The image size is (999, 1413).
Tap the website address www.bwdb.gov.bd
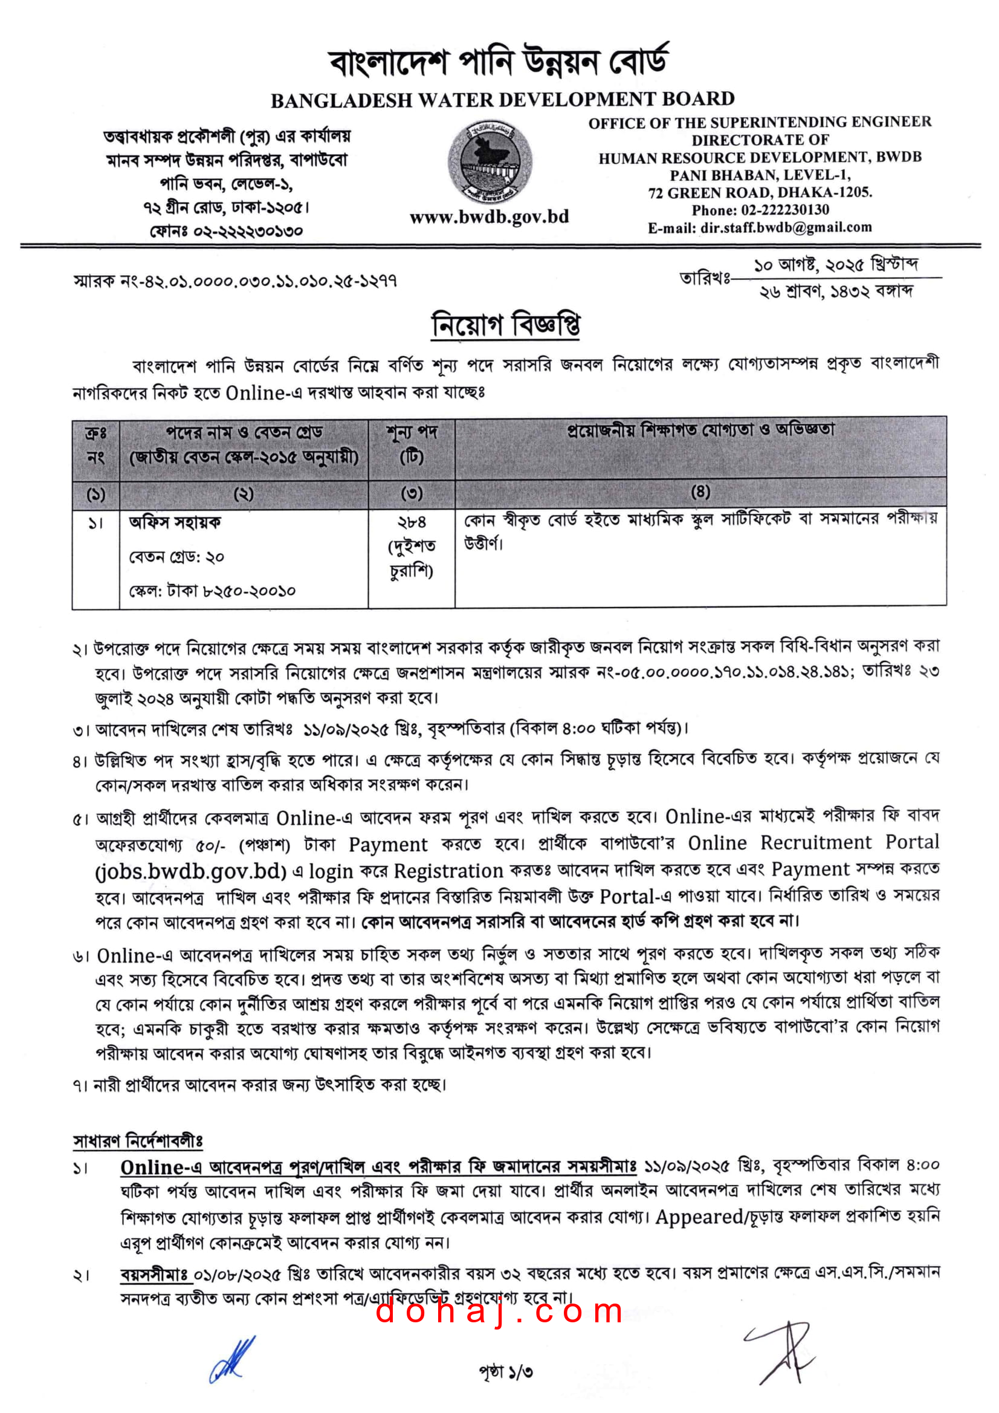point(489,216)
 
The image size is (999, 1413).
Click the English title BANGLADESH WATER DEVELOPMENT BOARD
point(503,100)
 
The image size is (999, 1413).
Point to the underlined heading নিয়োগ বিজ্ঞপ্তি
point(505,324)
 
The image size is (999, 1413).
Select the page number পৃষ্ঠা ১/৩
point(506,1372)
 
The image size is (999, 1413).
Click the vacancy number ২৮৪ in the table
point(412,522)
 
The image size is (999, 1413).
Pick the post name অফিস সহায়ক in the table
point(175,522)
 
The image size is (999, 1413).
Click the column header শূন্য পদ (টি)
point(412,444)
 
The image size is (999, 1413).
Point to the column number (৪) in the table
point(700,492)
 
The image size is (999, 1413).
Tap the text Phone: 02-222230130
point(760,210)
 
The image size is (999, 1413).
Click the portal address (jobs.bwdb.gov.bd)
point(191,871)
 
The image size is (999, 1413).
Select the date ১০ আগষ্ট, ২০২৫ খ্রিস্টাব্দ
point(836,265)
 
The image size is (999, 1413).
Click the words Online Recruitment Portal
point(813,842)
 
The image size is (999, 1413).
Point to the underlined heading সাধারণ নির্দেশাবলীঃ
point(138,1140)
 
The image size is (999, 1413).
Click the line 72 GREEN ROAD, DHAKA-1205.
point(760,193)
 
